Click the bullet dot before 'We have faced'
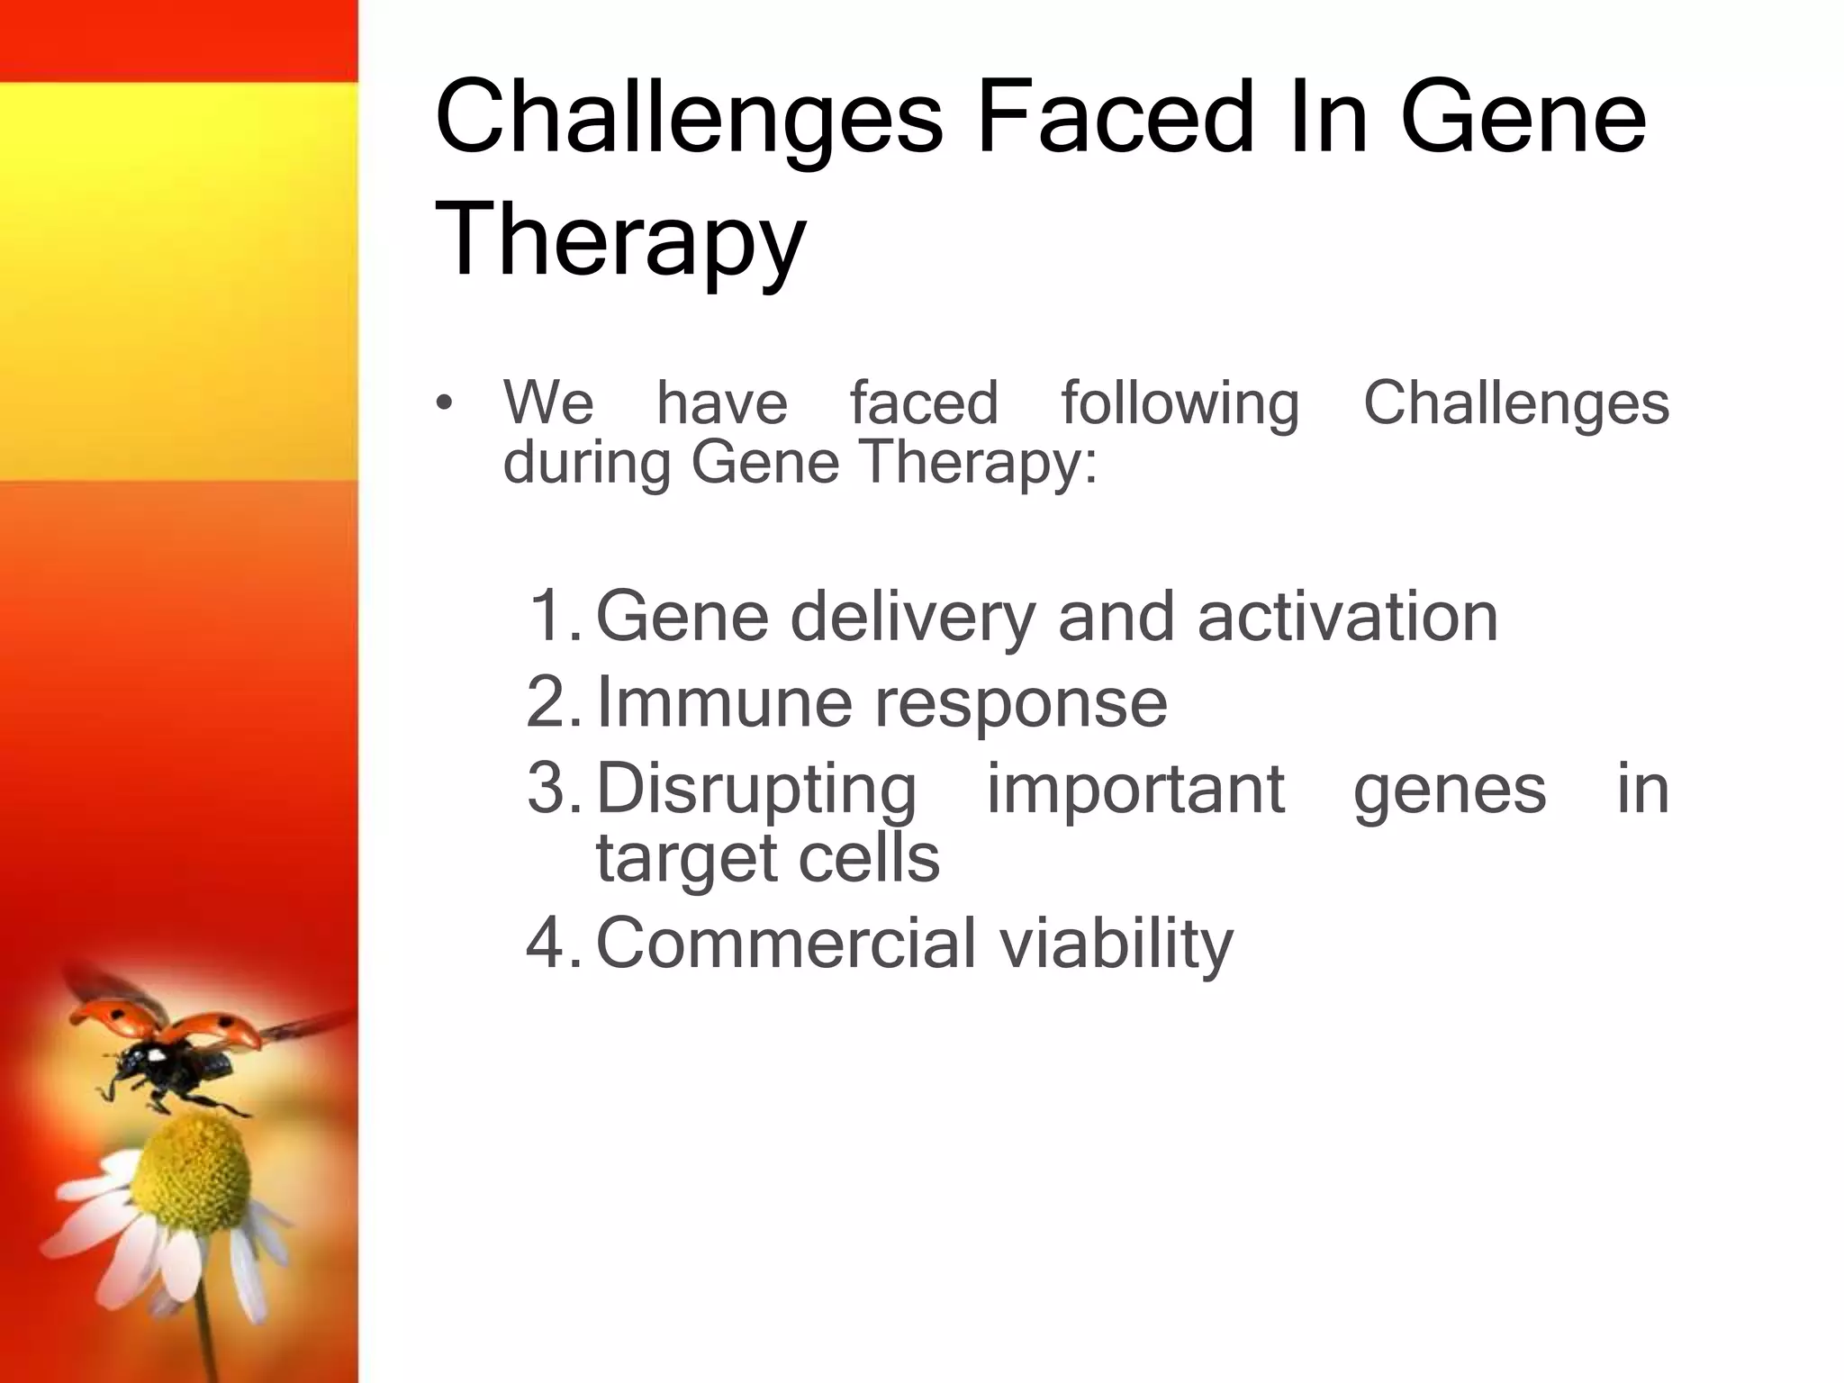pos(443,404)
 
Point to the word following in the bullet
pos(1180,402)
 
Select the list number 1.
pos(554,616)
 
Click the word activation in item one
pos(1348,616)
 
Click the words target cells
pos(767,858)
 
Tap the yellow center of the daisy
pos(193,1167)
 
